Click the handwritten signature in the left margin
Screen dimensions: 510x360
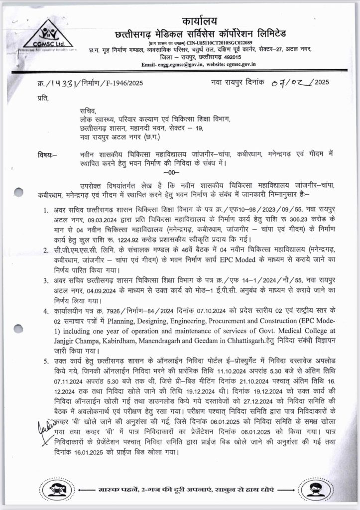pyautogui.click(x=46, y=427)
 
